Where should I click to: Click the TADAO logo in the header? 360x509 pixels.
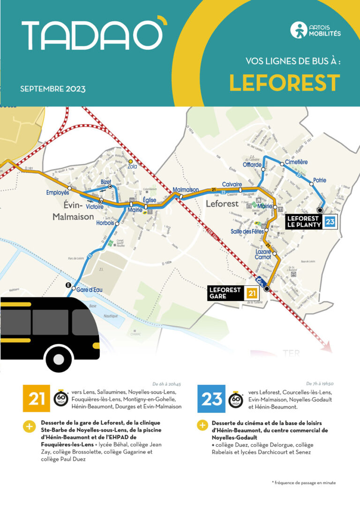point(94,36)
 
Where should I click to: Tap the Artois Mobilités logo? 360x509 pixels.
point(315,30)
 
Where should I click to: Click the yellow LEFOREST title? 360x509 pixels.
point(284,83)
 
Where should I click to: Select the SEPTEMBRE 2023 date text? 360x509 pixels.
point(52,89)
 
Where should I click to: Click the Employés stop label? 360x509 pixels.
point(57,193)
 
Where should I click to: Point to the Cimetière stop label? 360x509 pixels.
point(296,162)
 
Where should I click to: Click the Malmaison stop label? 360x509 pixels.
point(186,190)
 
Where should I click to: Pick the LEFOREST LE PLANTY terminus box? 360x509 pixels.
point(310,222)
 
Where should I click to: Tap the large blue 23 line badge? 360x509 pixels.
point(211,399)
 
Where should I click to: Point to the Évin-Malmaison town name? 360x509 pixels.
point(72,211)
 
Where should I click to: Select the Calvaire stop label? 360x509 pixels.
point(232,184)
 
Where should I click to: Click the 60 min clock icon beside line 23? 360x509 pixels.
point(236,400)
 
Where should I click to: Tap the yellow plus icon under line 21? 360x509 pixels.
point(29,426)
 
